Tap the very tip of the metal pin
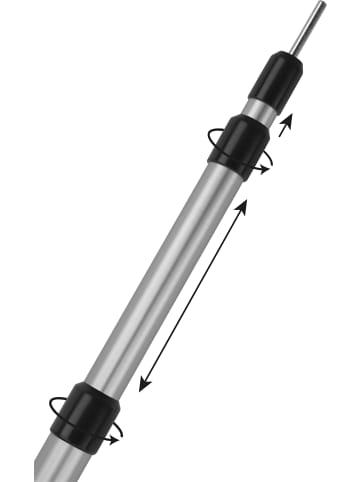tap(319, 6)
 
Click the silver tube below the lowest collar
tap(54, 466)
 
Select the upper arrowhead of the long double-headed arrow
tap(242, 203)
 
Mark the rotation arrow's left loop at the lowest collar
tap(55, 404)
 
